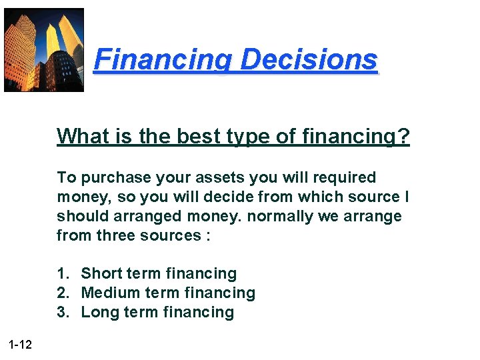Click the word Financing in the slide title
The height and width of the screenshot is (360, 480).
[163, 61]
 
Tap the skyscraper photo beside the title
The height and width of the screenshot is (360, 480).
[44, 50]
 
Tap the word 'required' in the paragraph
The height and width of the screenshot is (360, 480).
[345, 178]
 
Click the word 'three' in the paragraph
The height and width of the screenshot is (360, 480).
[121, 235]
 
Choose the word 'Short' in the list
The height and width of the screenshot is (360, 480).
[101, 274]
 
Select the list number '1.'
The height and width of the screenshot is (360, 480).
[63, 274]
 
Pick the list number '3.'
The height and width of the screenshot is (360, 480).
[63, 313]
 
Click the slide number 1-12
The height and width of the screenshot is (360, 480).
[21, 344]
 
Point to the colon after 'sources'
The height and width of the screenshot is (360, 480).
[208, 237]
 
